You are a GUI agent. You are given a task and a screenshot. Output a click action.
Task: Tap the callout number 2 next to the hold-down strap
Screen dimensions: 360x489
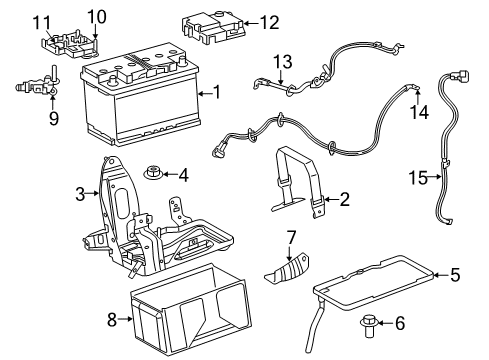click(x=343, y=200)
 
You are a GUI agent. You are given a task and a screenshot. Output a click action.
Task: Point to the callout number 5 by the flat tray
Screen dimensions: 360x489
click(x=454, y=273)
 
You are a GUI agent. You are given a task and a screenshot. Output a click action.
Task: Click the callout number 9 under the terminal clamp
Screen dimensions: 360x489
click(x=53, y=119)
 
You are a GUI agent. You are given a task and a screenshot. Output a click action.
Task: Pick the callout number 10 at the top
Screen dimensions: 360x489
click(x=95, y=15)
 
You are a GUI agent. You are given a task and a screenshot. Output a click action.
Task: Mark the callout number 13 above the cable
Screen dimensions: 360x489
click(x=283, y=61)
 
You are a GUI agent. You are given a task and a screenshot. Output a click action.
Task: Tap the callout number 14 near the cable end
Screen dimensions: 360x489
click(x=420, y=112)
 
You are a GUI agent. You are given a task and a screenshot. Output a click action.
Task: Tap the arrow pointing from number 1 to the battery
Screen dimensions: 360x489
click(x=206, y=92)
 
